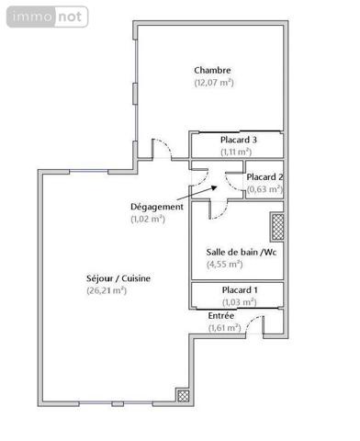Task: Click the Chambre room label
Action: [212, 70]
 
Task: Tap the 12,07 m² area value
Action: [213, 83]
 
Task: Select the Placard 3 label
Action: [238, 140]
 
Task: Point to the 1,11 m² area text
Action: [238, 152]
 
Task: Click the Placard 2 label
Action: [264, 177]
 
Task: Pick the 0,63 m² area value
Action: [264, 190]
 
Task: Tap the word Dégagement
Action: [158, 207]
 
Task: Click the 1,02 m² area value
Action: [148, 219]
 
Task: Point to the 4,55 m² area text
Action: [224, 265]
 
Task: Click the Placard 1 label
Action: [240, 290]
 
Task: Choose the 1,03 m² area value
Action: [239, 302]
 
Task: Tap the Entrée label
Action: [221, 315]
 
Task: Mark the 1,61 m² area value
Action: [224, 327]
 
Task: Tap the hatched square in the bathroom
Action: [276, 226]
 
